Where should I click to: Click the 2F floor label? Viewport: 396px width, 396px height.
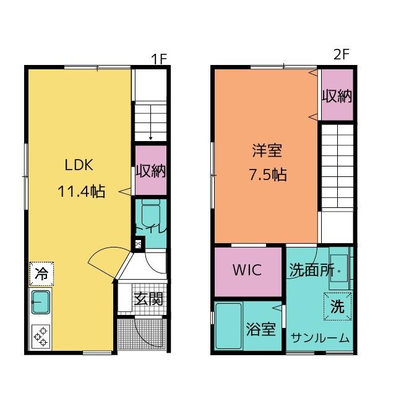(342, 54)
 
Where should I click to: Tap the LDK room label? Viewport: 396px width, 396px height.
(79, 165)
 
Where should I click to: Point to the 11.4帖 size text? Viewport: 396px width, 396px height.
(81, 191)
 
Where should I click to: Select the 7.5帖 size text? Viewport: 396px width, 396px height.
(267, 174)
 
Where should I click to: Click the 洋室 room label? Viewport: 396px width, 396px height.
(267, 150)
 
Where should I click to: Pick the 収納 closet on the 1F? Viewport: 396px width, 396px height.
(151, 171)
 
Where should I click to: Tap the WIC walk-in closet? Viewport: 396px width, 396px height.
(247, 270)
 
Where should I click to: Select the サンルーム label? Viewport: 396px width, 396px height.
(321, 338)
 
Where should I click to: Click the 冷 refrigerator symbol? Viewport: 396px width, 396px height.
(41, 273)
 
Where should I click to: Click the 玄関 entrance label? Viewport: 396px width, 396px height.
(149, 299)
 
